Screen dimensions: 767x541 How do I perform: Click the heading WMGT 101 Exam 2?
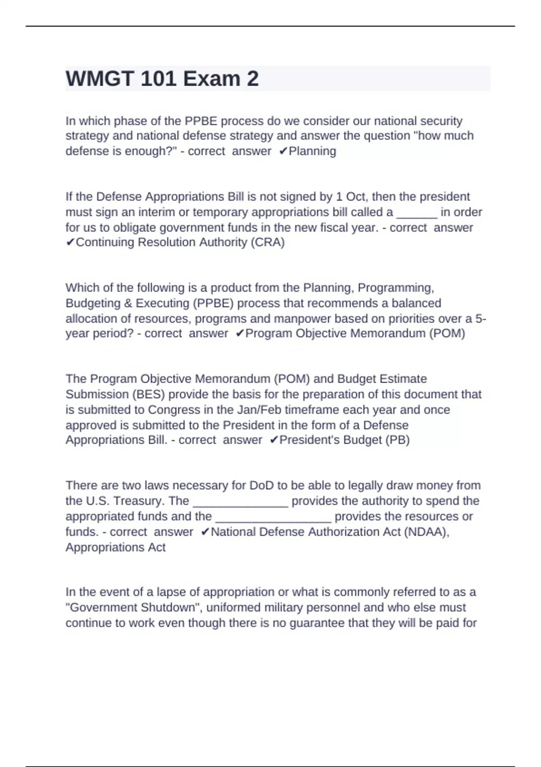162,79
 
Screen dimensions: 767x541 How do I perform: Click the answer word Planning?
312,151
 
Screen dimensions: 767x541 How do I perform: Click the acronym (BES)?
148,394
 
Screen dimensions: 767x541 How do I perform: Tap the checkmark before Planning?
283,151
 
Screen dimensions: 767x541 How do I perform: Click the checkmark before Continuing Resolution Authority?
70,242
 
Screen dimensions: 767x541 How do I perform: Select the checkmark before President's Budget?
274,440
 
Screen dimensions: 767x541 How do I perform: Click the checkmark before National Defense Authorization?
205,532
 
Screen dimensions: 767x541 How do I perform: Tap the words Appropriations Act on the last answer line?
115,547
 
